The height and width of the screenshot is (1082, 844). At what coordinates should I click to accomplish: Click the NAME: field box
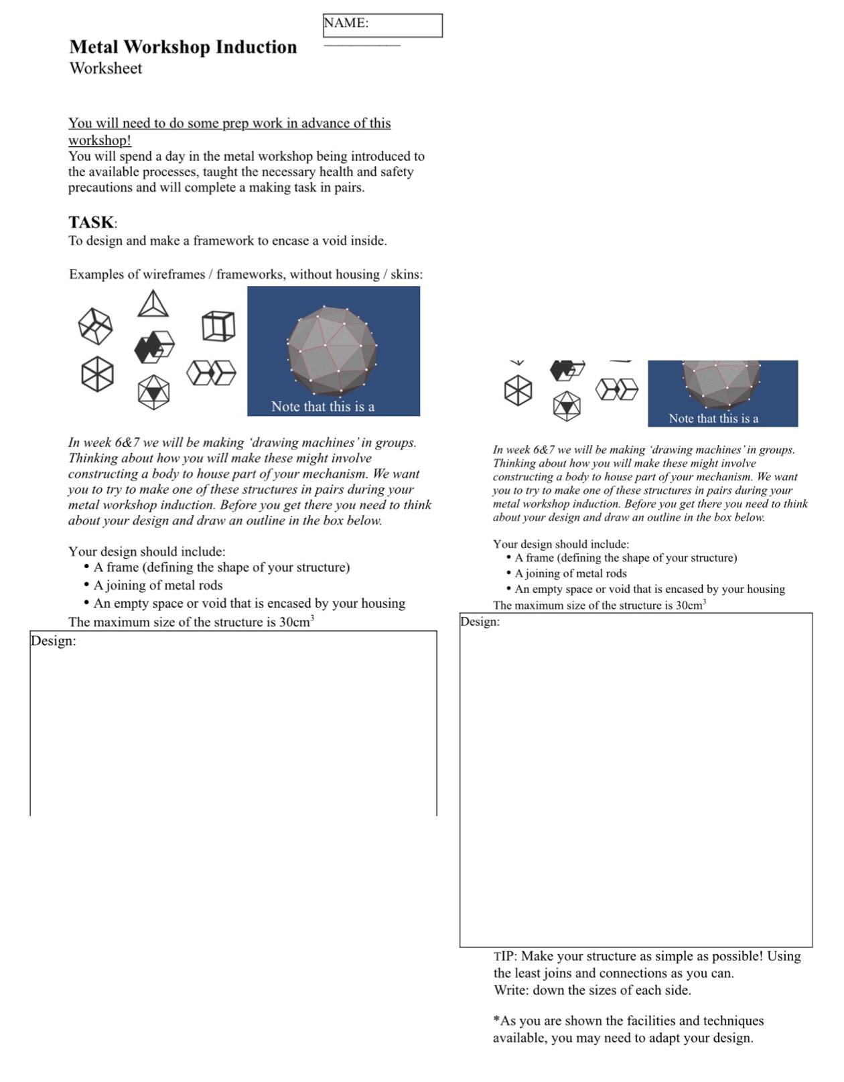pos(382,25)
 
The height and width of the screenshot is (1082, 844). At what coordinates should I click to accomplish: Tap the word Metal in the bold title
pos(94,47)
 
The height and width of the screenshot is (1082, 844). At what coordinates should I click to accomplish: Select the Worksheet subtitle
pos(105,68)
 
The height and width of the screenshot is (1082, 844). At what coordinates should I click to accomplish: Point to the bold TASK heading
pos(91,222)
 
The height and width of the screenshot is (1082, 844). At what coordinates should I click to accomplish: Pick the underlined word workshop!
pos(99,140)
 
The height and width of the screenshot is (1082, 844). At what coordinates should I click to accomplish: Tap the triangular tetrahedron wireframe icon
pos(153,303)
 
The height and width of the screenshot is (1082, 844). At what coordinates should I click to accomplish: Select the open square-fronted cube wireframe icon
pos(218,326)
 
